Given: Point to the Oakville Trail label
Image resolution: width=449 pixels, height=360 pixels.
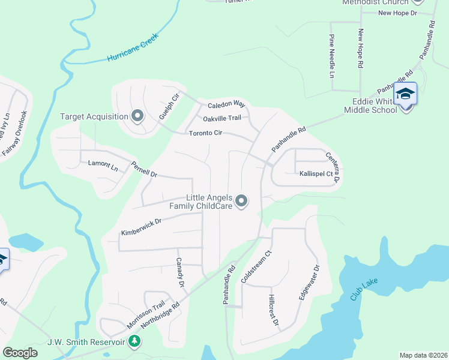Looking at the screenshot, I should pyautogui.click(x=221, y=118).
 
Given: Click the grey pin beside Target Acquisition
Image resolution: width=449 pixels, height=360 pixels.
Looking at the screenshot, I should pyautogui.click(x=137, y=116).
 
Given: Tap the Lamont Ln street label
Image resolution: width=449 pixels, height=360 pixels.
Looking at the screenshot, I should pyautogui.click(x=103, y=163).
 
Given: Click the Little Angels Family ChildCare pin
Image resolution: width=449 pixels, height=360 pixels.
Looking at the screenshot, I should pyautogui.click(x=241, y=201).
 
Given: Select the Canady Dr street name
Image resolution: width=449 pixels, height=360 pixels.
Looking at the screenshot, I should pyautogui.click(x=179, y=272).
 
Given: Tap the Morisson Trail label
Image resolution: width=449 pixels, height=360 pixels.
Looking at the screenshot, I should pyautogui.click(x=145, y=314).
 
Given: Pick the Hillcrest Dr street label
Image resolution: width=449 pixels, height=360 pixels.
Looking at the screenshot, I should pyautogui.click(x=274, y=310).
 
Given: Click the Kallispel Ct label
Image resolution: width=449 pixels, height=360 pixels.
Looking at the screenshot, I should pyautogui.click(x=316, y=173).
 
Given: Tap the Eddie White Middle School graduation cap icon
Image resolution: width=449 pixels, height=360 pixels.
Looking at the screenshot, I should pyautogui.click(x=405, y=94).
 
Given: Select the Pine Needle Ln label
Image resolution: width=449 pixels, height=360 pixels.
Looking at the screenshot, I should pyautogui.click(x=331, y=56).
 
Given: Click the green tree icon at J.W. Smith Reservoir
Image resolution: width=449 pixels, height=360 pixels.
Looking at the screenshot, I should pyautogui.click(x=135, y=341).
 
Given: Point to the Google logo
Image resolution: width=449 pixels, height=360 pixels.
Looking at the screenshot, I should pyautogui.click(x=20, y=353).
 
